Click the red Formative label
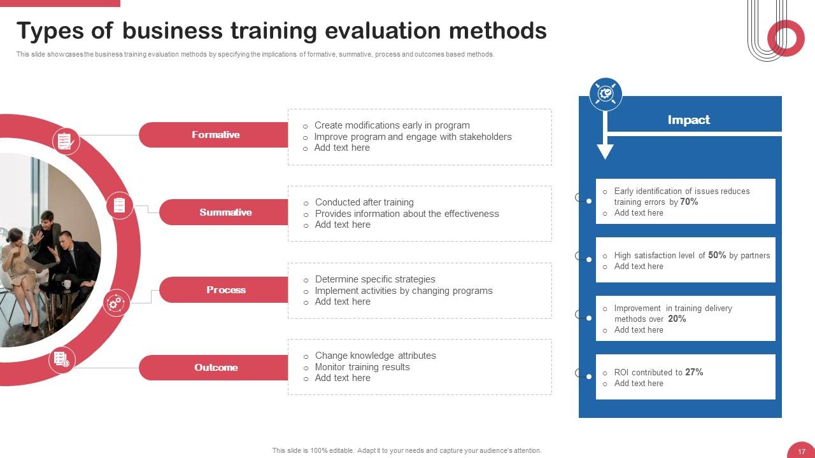tap(215, 135)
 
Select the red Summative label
tap(225, 212)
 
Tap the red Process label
tap(225, 290)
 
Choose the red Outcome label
tap(216, 368)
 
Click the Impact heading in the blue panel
tap(688, 120)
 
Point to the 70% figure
tap(689, 202)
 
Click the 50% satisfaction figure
tap(717, 255)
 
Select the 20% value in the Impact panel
tap(677, 319)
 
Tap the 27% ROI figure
tap(694, 372)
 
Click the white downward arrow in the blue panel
tap(605, 149)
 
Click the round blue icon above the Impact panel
tap(606, 94)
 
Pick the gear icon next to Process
tap(116, 303)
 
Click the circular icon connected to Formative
tap(66, 141)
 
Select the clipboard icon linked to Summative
tap(119, 205)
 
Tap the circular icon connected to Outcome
tap(62, 360)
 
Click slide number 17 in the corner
tap(802, 451)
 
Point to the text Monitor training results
tap(362, 367)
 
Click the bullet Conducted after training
tap(364, 202)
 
